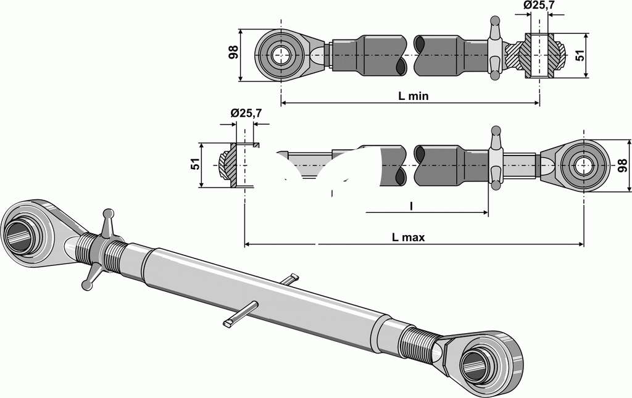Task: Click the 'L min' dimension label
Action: (x=414, y=96)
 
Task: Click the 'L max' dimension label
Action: (x=409, y=237)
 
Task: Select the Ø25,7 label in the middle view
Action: (x=246, y=113)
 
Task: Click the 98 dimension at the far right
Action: (x=622, y=165)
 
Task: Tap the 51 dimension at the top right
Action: (x=579, y=55)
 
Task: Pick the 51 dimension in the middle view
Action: (x=194, y=165)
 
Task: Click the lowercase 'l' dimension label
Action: (x=411, y=206)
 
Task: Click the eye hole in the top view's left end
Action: (x=281, y=55)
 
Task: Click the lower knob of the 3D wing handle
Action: (x=86, y=284)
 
